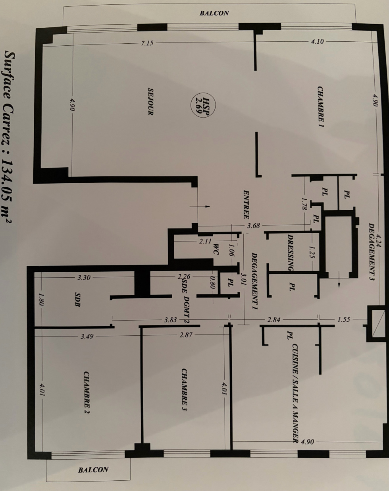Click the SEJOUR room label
(151, 102)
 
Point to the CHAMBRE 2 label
(87, 392)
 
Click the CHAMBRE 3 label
(184, 389)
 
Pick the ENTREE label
(246, 203)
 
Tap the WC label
(216, 249)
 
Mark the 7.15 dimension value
(147, 43)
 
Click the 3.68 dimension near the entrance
(253, 226)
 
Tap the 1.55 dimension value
(344, 319)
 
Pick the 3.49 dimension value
(87, 336)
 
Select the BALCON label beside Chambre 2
(93, 470)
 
